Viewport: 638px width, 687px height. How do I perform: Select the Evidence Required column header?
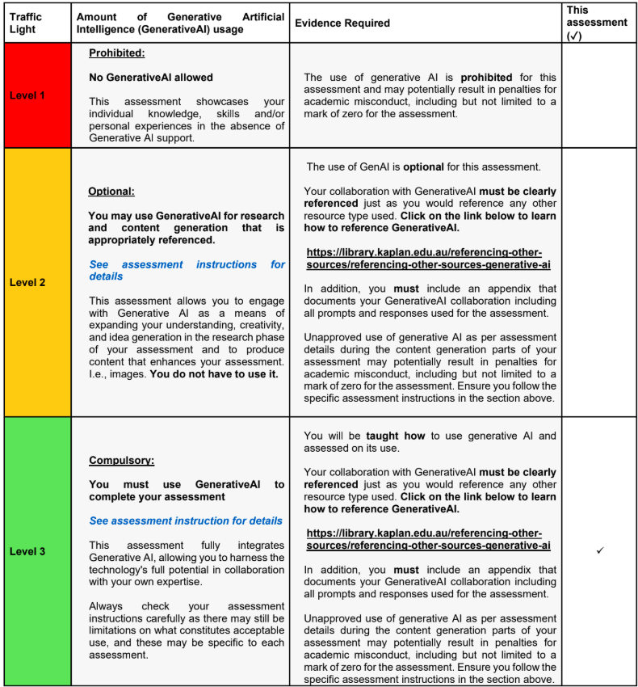[x=342, y=23]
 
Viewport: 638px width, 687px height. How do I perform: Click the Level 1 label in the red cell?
[x=27, y=95]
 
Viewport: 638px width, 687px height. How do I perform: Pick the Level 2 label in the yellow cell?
[x=27, y=282]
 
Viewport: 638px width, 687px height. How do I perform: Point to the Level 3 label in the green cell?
[x=27, y=551]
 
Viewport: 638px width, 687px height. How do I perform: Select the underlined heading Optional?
[x=111, y=192]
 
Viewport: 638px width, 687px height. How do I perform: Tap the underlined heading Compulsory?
[x=121, y=461]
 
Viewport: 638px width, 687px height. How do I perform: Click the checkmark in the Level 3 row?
[x=600, y=550]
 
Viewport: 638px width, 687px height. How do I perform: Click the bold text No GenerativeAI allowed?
[x=151, y=78]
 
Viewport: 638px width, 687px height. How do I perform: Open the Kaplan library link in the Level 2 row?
[x=428, y=258]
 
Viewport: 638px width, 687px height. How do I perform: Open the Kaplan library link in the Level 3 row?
[x=428, y=539]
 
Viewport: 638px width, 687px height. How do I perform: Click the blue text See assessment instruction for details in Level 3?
[x=186, y=521]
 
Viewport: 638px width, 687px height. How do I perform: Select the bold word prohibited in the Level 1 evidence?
[x=485, y=78]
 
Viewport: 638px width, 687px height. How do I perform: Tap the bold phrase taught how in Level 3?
[x=393, y=436]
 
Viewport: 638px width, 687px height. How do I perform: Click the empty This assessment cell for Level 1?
[x=599, y=95]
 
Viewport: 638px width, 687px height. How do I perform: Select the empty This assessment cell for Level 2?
[x=599, y=282]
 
